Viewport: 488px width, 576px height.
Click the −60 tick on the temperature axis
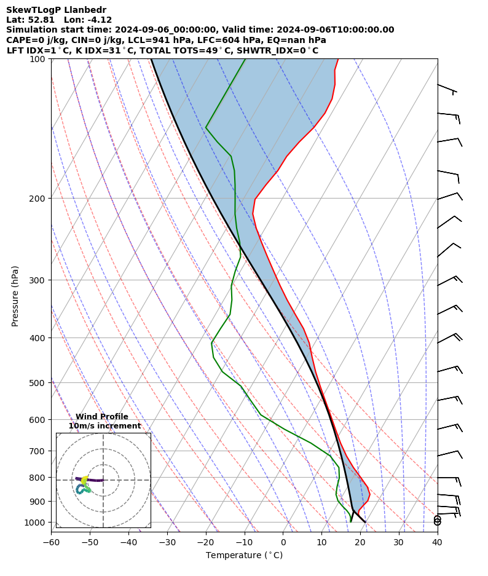click(51, 542)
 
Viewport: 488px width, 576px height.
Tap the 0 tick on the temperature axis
click(283, 542)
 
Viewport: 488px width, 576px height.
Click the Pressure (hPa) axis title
click(15, 296)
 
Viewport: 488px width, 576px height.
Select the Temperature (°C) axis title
click(244, 556)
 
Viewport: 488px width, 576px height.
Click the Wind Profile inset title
click(102, 417)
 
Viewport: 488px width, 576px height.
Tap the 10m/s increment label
click(104, 426)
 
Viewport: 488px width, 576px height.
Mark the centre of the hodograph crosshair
click(103, 480)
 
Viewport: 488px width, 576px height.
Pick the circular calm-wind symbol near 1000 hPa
click(437, 521)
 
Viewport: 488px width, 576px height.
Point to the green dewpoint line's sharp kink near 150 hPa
click(206, 127)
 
